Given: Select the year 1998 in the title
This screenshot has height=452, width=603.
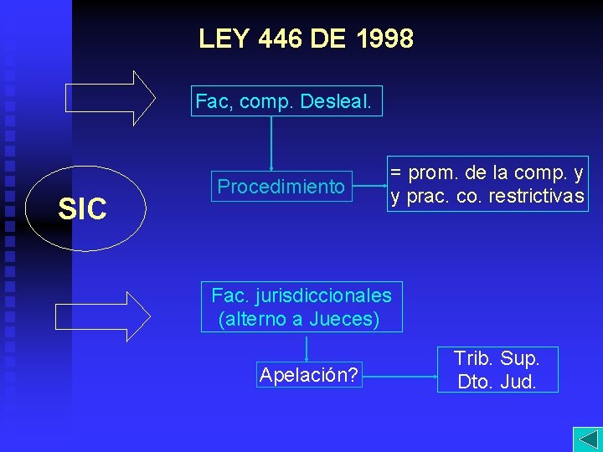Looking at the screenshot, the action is point(384,39).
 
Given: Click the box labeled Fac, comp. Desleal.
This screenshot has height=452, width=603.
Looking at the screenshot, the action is point(288,102).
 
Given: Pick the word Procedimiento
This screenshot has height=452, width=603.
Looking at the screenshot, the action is point(281,186).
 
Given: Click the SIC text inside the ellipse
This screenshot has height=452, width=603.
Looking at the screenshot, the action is point(82,209).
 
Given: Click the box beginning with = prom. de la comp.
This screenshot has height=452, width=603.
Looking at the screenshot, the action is point(487,184).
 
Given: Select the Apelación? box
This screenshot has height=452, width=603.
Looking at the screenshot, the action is point(309,375).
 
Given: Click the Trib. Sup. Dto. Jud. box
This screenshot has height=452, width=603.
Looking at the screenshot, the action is point(497,370).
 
